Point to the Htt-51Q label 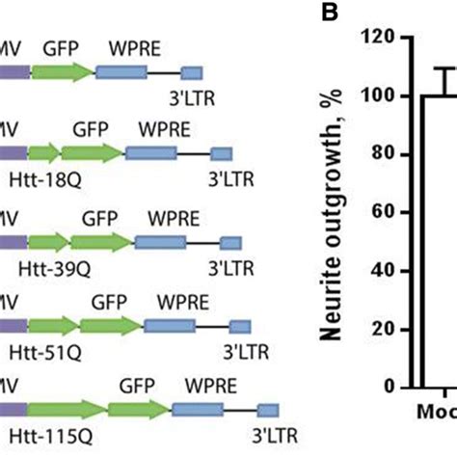60,343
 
